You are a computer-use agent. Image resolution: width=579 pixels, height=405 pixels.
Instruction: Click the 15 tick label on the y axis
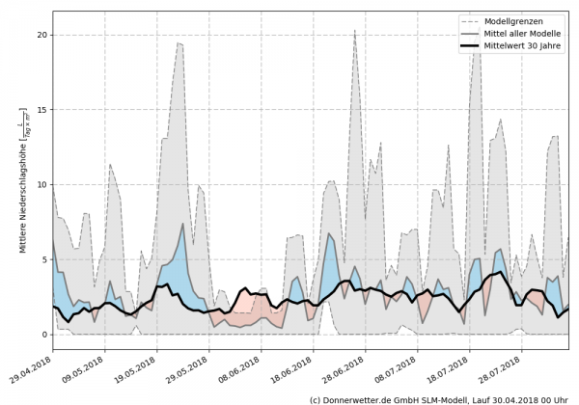click(x=41, y=110)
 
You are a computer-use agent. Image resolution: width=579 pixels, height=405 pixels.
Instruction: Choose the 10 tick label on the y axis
click(x=41, y=184)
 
